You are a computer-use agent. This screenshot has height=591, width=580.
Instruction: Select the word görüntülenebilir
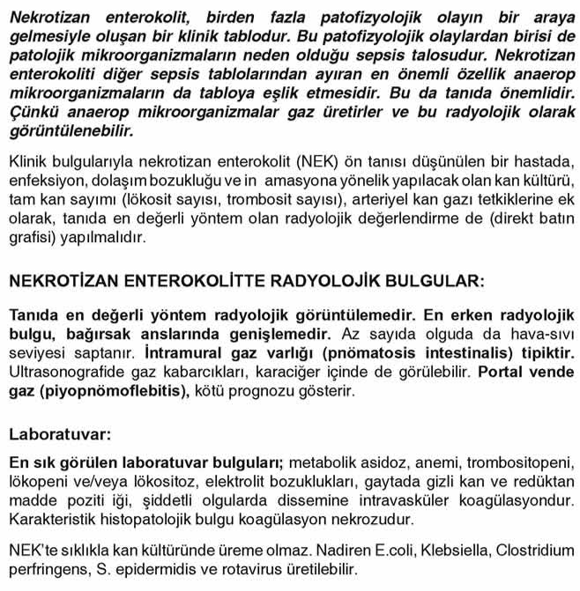coord(71,131)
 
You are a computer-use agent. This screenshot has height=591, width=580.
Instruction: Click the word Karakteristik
coord(49,519)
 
